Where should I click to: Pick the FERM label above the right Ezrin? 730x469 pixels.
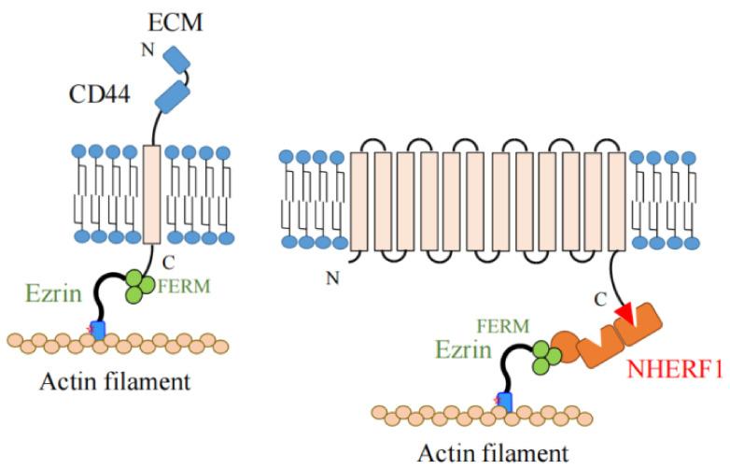coord(502,326)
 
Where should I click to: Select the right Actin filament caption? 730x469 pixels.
coord(491,454)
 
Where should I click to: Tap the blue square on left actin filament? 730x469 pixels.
coord(96,331)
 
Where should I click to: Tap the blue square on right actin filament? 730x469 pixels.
coord(505,403)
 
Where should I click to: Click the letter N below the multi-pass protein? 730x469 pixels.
coord(332,277)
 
